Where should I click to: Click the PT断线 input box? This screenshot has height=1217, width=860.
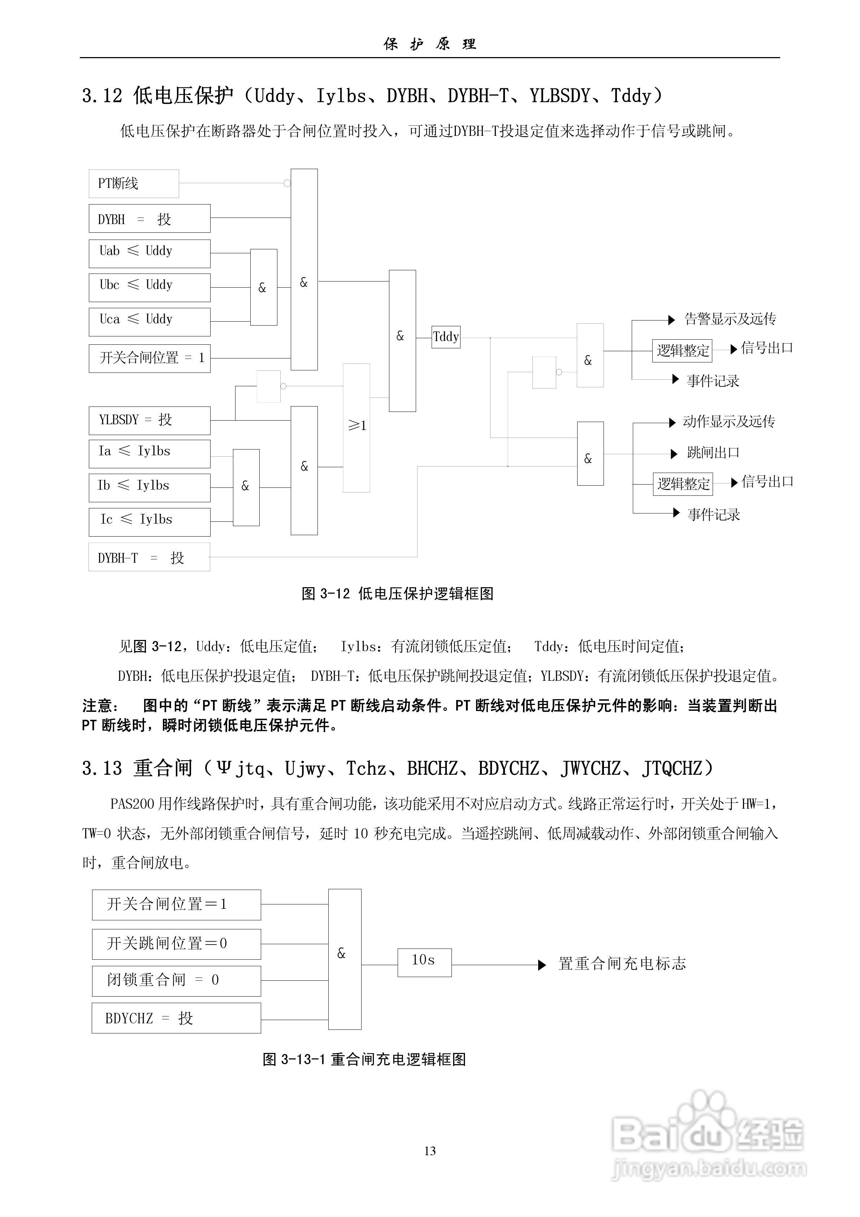click(134, 184)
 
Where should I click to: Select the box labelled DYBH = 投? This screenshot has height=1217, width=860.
click(150, 218)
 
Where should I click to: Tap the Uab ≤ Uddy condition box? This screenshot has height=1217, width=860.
click(150, 253)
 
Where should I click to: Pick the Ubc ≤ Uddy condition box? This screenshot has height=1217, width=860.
click(150, 287)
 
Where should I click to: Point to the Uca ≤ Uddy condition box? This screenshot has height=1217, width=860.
click(150, 322)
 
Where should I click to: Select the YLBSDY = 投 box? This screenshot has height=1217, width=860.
click(150, 420)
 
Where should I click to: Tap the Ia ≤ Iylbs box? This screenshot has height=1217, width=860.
click(150, 454)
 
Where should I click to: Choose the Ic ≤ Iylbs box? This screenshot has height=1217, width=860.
click(150, 522)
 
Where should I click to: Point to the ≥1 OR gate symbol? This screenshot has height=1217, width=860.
click(356, 427)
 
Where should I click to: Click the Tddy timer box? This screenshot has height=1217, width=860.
click(446, 337)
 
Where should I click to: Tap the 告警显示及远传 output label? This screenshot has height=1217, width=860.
click(730, 319)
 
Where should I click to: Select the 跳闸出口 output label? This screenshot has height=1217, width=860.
click(713, 453)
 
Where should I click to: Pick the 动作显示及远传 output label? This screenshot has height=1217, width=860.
click(729, 422)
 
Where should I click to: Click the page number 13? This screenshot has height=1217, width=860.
click(430, 1151)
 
